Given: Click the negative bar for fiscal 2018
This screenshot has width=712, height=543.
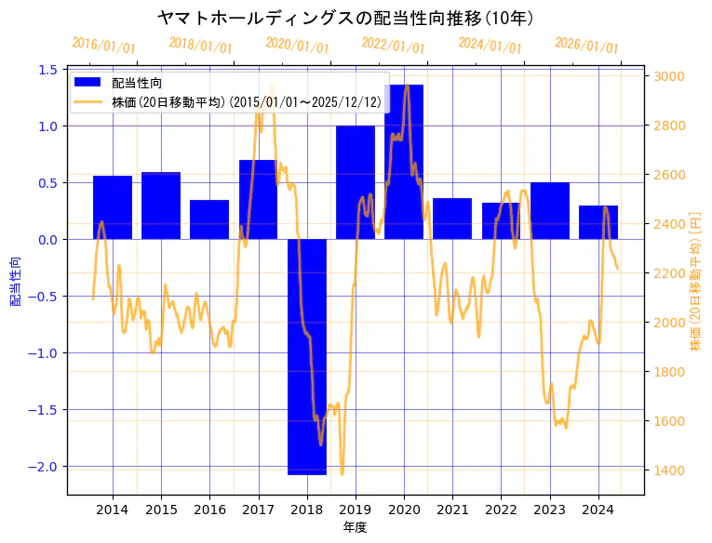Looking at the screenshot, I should (x=306, y=357).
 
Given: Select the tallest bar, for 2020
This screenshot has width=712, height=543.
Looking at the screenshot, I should (x=404, y=162).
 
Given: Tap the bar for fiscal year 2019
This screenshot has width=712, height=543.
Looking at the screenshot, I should (x=355, y=182).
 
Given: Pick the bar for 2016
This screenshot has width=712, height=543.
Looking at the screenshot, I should (x=209, y=219).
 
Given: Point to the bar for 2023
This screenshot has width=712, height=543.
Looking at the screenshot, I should (x=549, y=211).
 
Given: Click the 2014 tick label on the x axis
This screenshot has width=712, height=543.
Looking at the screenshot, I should (x=113, y=510).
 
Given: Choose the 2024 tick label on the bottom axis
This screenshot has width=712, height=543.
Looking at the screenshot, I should (x=598, y=510).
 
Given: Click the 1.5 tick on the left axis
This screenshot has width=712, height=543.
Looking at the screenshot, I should (x=48, y=70).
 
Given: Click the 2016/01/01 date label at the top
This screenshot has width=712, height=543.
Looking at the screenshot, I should (x=103, y=46).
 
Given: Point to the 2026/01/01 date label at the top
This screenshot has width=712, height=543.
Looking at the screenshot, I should (x=586, y=46).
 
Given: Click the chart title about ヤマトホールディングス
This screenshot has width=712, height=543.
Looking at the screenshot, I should (x=345, y=19).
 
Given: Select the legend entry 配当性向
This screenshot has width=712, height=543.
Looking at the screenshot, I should (x=136, y=84).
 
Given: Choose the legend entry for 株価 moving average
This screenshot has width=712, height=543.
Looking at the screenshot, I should (x=246, y=101).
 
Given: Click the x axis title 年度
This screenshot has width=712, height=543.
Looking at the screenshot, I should (x=355, y=527).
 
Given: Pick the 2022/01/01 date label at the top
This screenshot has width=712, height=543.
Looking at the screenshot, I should (x=393, y=46).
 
